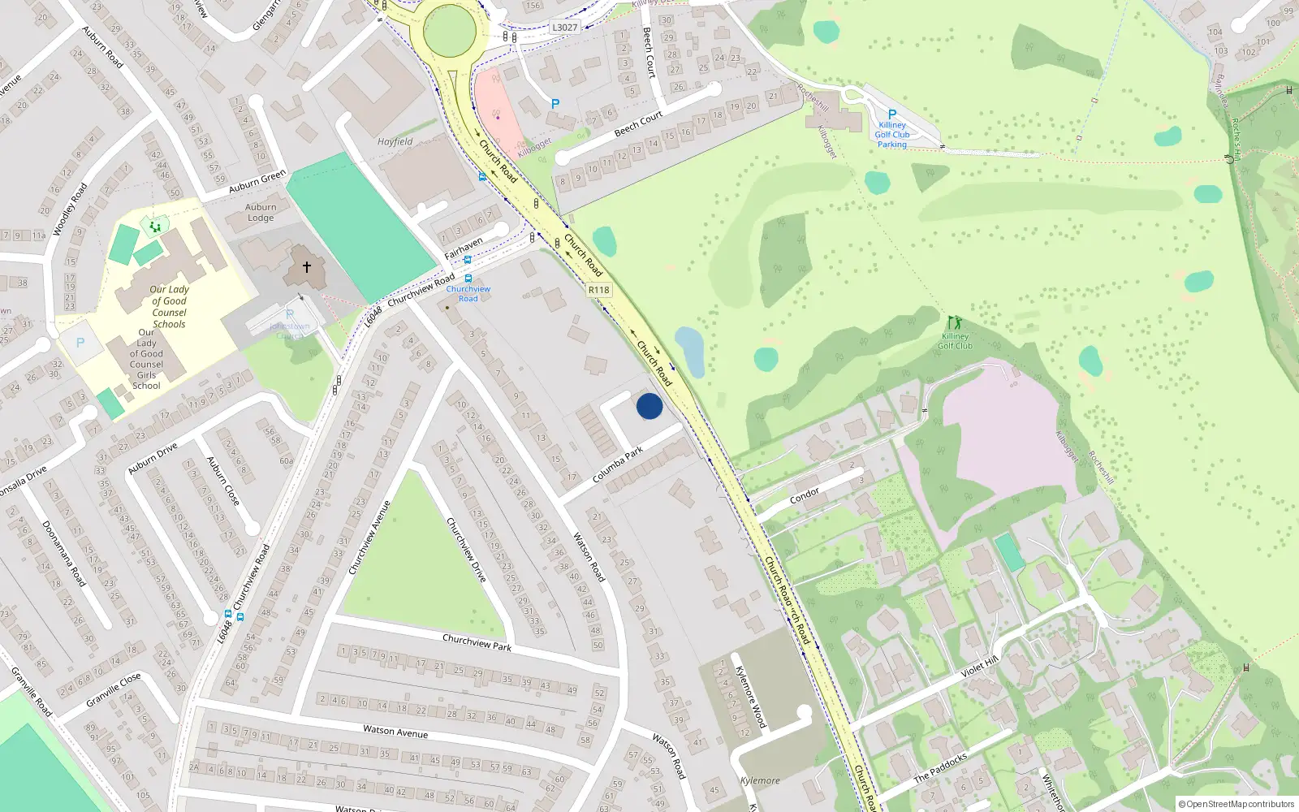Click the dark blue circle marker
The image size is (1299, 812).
coord(649,406)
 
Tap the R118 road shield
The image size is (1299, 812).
coord(598,290)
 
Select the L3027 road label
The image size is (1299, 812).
coord(564,28)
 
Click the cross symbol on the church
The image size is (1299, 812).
coord(307,266)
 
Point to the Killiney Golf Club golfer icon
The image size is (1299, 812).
coord(955,323)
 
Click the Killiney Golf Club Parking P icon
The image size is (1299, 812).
coord(892,115)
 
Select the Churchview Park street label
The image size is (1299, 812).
coord(477,642)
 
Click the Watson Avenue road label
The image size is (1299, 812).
coord(395,731)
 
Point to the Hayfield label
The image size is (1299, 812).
coord(395,141)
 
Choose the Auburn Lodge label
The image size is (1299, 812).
coord(261,212)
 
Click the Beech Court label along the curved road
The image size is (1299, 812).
coord(638,124)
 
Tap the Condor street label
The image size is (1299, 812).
coord(805,495)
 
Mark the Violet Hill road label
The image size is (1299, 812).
coord(980,667)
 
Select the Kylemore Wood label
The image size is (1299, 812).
coord(750,697)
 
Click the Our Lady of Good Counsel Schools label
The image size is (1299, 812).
coord(169,306)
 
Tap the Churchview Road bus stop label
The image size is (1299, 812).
coord(468,293)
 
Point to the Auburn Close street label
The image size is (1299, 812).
coord(223,481)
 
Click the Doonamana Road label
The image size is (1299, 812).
coord(63,554)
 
